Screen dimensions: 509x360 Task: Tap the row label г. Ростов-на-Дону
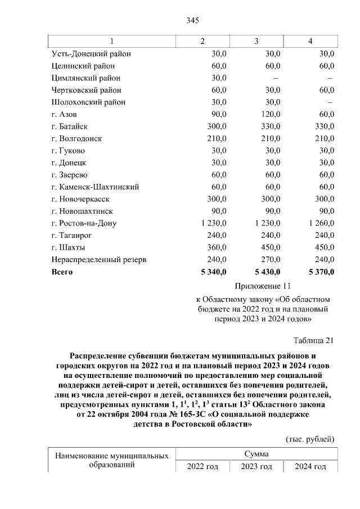click(x=83, y=223)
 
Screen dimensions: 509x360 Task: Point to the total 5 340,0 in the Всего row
click(x=213, y=272)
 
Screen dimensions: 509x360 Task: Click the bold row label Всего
click(x=62, y=272)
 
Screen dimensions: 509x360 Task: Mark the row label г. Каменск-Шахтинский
click(x=94, y=187)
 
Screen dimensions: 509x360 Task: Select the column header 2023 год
click(x=256, y=467)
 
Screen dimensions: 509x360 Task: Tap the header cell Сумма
click(x=256, y=454)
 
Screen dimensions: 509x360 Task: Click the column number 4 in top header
click(x=309, y=42)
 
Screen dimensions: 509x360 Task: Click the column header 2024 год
click(x=310, y=467)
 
